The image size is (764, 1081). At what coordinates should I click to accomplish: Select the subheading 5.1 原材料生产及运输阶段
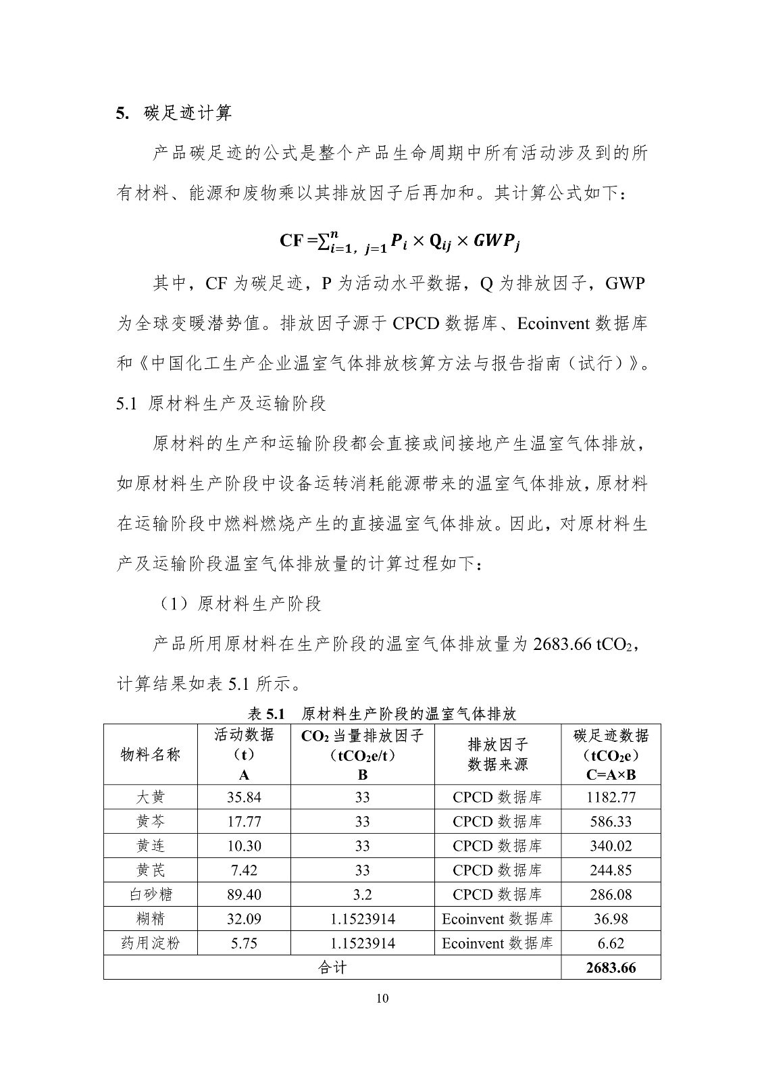(x=222, y=403)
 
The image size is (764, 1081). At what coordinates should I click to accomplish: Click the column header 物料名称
(x=150, y=754)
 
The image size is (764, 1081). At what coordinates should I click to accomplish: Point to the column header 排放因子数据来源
(x=497, y=754)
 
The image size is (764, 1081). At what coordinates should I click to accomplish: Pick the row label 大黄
(x=150, y=797)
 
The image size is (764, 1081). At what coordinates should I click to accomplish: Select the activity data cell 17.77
(x=244, y=822)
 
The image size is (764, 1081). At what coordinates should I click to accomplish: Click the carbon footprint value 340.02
(x=611, y=846)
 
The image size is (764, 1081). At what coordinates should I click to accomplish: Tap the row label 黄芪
(x=150, y=870)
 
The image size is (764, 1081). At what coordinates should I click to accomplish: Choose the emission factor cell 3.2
(x=363, y=895)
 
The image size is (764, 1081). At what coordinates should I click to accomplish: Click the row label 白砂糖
(x=150, y=895)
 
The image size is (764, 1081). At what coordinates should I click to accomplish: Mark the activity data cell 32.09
(x=244, y=919)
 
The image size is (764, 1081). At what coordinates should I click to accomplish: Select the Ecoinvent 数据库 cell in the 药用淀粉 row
(x=497, y=943)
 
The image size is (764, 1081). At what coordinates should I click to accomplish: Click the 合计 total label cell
(x=332, y=967)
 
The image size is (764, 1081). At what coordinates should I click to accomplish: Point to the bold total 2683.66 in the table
(x=611, y=967)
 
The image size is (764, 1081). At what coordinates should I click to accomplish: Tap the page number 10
(x=382, y=999)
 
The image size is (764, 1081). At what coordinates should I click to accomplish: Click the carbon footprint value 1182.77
(x=611, y=797)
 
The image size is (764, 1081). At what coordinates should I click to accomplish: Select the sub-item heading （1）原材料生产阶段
(x=239, y=603)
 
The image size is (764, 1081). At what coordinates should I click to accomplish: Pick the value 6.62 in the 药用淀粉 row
(x=611, y=943)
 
